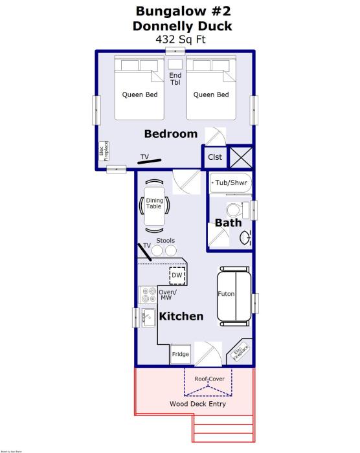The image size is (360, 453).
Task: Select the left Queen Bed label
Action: (x=140, y=95)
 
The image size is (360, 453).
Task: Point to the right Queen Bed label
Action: (x=211, y=95)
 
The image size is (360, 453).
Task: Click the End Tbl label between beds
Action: (x=175, y=79)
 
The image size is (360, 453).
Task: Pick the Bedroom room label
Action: (x=170, y=134)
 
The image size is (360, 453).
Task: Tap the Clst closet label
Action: (x=215, y=157)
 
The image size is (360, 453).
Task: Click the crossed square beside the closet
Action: (x=240, y=157)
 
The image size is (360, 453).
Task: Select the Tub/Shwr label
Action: (x=232, y=182)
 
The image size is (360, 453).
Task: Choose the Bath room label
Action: (x=228, y=223)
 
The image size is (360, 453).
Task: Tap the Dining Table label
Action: (x=154, y=203)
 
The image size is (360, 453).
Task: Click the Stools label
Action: (x=166, y=241)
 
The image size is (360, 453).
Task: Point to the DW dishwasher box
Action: (x=177, y=276)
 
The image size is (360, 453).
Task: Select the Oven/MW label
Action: (x=168, y=294)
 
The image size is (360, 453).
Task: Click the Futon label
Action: (x=226, y=294)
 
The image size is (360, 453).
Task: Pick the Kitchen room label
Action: (x=181, y=316)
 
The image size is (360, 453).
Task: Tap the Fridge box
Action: (x=181, y=355)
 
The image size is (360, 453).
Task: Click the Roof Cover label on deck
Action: (x=209, y=379)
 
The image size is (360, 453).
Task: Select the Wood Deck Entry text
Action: (x=197, y=404)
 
